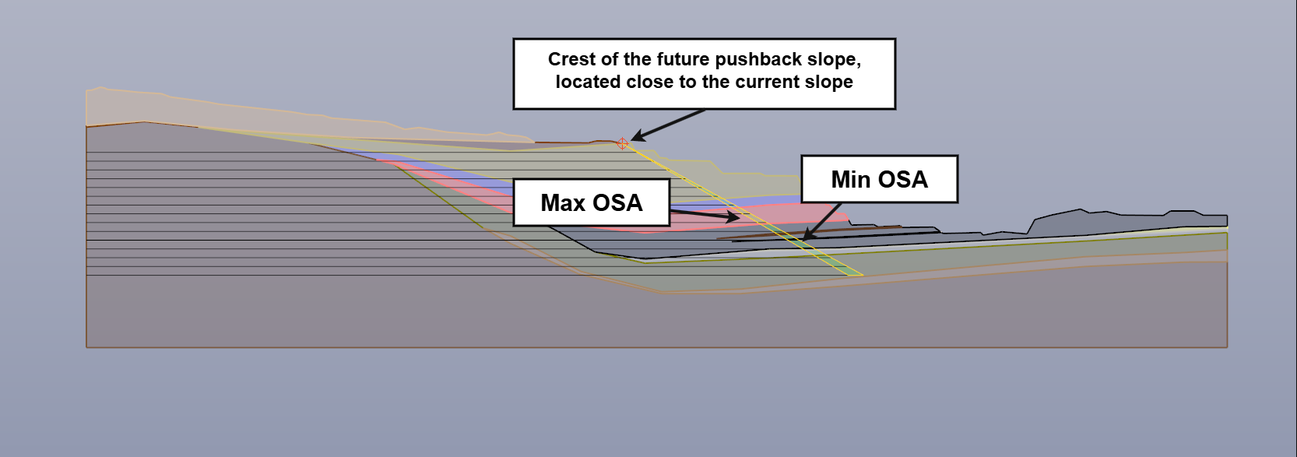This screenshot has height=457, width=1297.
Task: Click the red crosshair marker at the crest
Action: click(x=623, y=144)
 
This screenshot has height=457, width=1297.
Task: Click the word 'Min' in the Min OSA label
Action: click(x=851, y=180)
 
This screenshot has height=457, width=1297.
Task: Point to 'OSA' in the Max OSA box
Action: click(x=618, y=202)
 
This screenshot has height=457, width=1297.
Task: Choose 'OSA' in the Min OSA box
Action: click(x=903, y=180)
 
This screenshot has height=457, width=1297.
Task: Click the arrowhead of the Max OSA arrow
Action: click(x=733, y=217)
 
